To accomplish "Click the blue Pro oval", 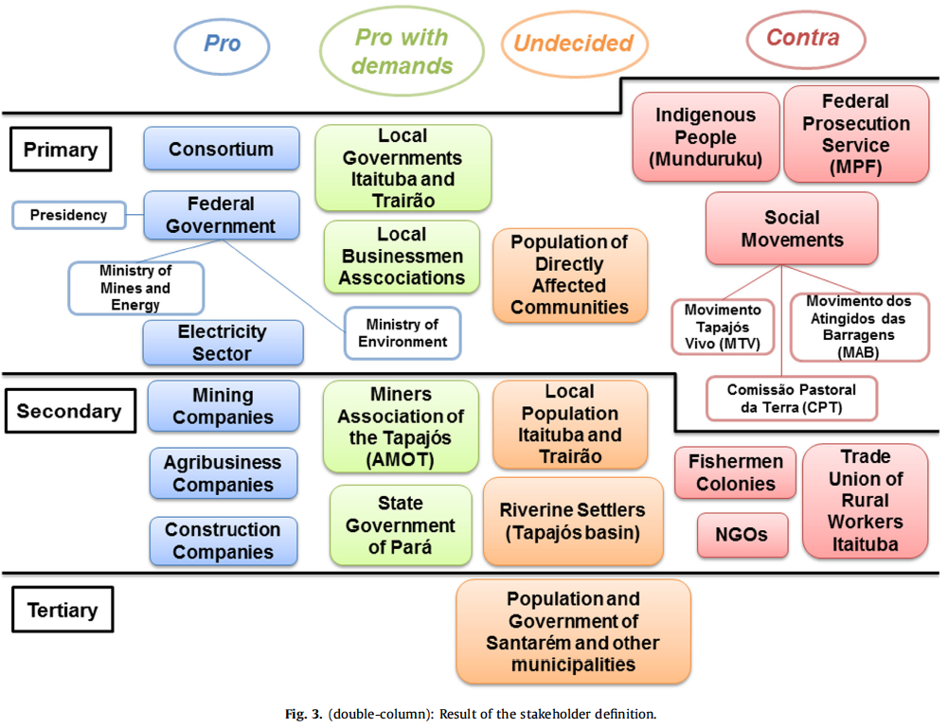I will pyautogui.click(x=222, y=45).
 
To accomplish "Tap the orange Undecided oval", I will pyautogui.click(x=574, y=44).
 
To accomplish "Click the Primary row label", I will pyautogui.click(x=61, y=150).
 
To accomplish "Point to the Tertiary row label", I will pyautogui.click(x=63, y=611).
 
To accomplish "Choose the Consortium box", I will pyautogui.click(x=221, y=150).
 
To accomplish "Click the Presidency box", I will pyautogui.click(x=68, y=215).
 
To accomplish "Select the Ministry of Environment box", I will pyautogui.click(x=402, y=333).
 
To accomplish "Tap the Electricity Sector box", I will pyautogui.click(x=223, y=343).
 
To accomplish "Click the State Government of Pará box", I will pyautogui.click(x=400, y=525).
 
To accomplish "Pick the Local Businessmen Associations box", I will pyautogui.click(x=402, y=256).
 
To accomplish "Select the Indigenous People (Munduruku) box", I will pyautogui.click(x=706, y=137).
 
